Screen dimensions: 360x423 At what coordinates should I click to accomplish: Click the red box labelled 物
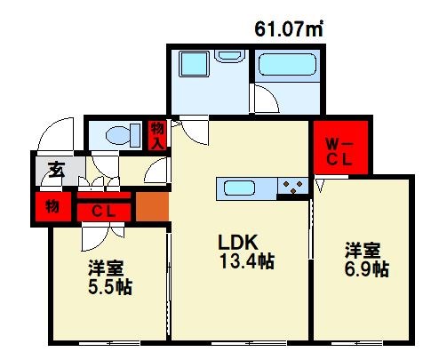(53, 207)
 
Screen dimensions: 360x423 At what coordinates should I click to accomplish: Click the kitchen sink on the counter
(243, 188)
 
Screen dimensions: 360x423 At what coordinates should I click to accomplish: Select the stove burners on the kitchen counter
(292, 188)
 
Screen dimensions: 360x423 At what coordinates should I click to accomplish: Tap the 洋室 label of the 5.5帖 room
(107, 268)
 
